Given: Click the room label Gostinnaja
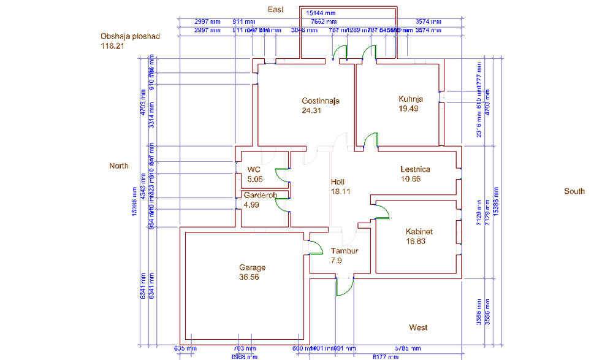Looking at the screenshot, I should (320, 101).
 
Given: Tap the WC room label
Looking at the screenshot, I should (254, 170).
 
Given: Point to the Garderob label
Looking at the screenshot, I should (260, 196).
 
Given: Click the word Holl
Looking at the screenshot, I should (338, 182).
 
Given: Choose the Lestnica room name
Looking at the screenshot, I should (415, 169).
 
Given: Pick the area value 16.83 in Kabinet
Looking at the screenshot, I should (419, 241).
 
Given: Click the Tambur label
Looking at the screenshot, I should (345, 251).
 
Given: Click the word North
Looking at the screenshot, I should (119, 166).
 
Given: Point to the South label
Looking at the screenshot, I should (574, 191).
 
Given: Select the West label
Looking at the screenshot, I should (419, 327).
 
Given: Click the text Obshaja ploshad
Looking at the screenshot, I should (130, 36).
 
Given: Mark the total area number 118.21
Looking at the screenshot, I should (113, 45).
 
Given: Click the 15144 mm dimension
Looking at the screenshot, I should (321, 12).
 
